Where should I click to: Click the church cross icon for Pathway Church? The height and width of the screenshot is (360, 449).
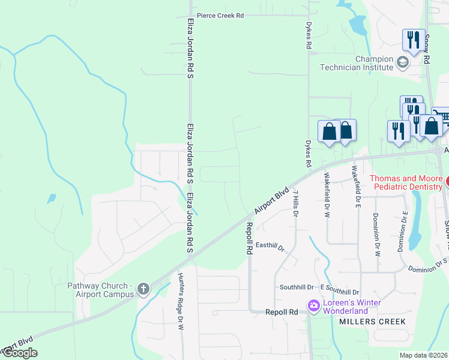(143, 289)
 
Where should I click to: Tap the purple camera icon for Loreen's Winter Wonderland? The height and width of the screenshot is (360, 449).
(313, 307)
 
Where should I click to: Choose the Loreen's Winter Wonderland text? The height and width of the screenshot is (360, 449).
(352, 307)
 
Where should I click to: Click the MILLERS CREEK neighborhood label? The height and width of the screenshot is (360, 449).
(372, 322)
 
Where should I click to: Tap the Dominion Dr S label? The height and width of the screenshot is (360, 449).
(428, 265)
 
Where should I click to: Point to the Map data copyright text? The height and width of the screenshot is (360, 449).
(424, 355)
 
